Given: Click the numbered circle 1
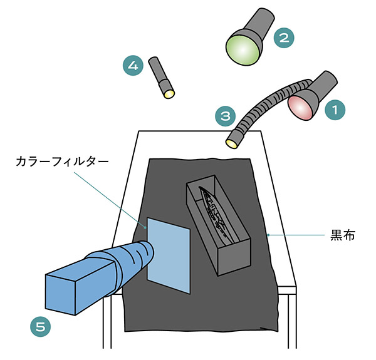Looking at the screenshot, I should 336,110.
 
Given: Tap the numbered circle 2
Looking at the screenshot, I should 284,37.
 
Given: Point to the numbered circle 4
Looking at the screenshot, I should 132,65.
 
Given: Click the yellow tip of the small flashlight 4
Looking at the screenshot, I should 169,94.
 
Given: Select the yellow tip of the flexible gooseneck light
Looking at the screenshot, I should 232,143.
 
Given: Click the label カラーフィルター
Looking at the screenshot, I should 63,162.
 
